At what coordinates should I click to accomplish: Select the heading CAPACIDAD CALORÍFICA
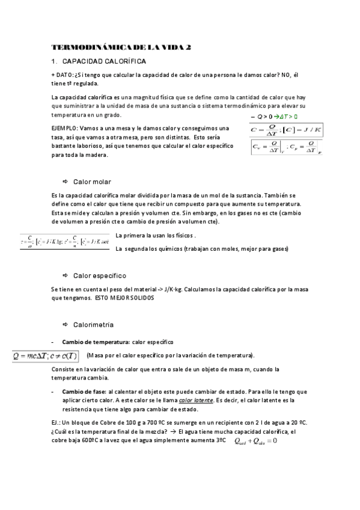click(x=104, y=61)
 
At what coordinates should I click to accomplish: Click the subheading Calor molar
click(x=92, y=182)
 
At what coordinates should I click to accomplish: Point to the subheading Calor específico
click(x=100, y=275)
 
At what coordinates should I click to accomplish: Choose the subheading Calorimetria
click(x=93, y=325)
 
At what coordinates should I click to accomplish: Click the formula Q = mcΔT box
click(x=46, y=355)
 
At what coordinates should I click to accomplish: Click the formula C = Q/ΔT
click(x=286, y=130)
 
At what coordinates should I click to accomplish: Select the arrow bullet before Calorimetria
click(x=65, y=325)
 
